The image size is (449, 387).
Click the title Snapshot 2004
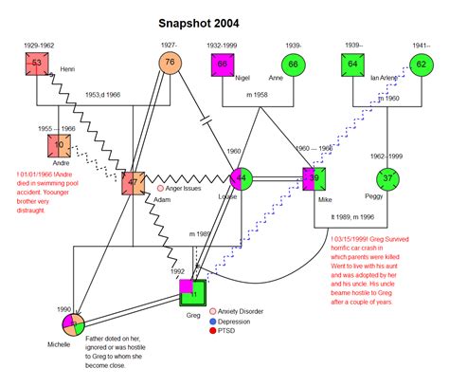tap(206, 22)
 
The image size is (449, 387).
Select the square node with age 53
tap(37, 64)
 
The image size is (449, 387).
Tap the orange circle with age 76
tap(170, 63)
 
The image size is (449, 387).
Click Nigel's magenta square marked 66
tap(223, 64)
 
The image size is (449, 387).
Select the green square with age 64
tap(353, 64)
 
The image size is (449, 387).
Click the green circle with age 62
tap(422, 64)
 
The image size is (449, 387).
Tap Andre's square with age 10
tap(60, 145)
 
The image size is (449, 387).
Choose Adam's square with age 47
tap(134, 179)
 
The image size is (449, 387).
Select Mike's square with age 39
tap(314, 178)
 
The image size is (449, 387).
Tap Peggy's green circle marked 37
tap(386, 178)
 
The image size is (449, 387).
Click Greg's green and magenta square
tap(193, 292)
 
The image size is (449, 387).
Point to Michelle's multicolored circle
tap(71, 323)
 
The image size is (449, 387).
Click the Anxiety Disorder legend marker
tap(212, 311)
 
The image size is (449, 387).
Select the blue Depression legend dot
tap(212, 322)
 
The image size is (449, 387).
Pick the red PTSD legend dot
tap(212, 332)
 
